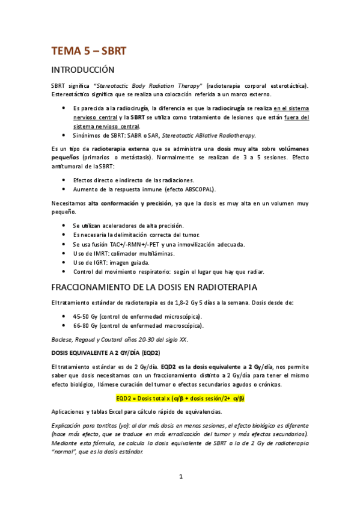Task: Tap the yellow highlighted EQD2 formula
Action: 180,398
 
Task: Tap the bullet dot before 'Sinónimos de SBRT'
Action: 65,135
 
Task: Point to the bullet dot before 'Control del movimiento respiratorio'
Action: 65,271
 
